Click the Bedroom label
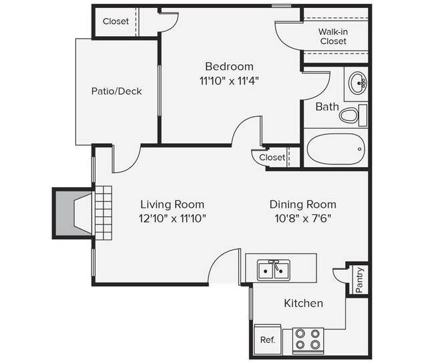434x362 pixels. coord(229,66)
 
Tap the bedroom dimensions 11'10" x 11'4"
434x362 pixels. coord(229,80)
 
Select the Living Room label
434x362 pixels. coord(172,204)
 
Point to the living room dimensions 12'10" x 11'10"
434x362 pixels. coord(172,218)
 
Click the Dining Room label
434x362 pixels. coord(302,204)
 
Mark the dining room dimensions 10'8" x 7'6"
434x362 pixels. coord(302,218)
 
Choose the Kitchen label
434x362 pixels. coord(303,303)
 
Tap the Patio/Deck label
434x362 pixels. coord(116,92)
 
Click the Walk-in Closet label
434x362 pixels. coord(333,36)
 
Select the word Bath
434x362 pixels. coord(327,107)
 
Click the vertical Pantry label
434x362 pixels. coord(359,280)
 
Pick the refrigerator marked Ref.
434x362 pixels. coord(267,339)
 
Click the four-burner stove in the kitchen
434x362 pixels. coord(308,339)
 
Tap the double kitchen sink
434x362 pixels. coord(274,270)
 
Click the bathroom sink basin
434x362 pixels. coord(358,84)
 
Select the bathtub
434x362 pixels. coord(336,148)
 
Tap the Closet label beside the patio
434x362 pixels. coord(116,21)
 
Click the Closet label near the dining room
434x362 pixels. coord(272,158)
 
